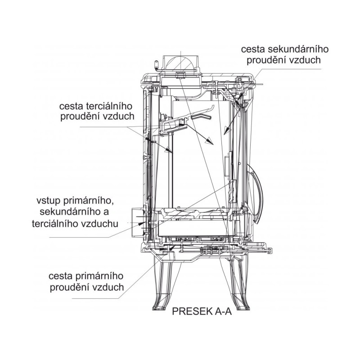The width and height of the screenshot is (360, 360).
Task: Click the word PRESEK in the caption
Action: coord(192,311)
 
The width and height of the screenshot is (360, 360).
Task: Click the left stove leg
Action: coord(163,286)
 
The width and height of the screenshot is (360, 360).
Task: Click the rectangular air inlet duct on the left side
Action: coord(137,223)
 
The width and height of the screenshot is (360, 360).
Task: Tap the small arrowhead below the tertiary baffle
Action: coord(168,150)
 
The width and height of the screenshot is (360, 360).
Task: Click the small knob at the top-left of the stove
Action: coord(157,65)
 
